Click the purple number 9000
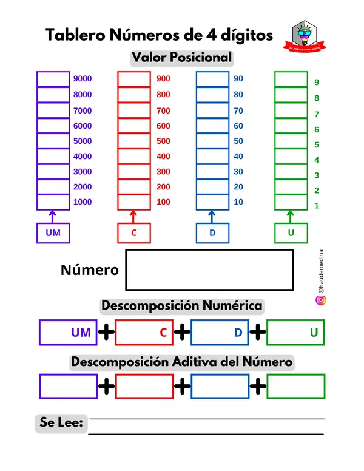click(x=83, y=78)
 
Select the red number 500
click(x=163, y=141)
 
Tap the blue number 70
click(x=238, y=110)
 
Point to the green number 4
click(x=317, y=160)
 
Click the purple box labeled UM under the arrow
click(x=53, y=232)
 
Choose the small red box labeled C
click(x=134, y=232)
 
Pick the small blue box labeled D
click(x=212, y=232)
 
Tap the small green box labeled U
click(x=291, y=232)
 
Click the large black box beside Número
click(x=209, y=269)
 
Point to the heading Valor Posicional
click(x=181, y=58)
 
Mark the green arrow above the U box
click(x=291, y=215)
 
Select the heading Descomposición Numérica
click(x=181, y=305)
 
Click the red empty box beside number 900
click(x=134, y=79)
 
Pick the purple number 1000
click(x=83, y=202)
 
